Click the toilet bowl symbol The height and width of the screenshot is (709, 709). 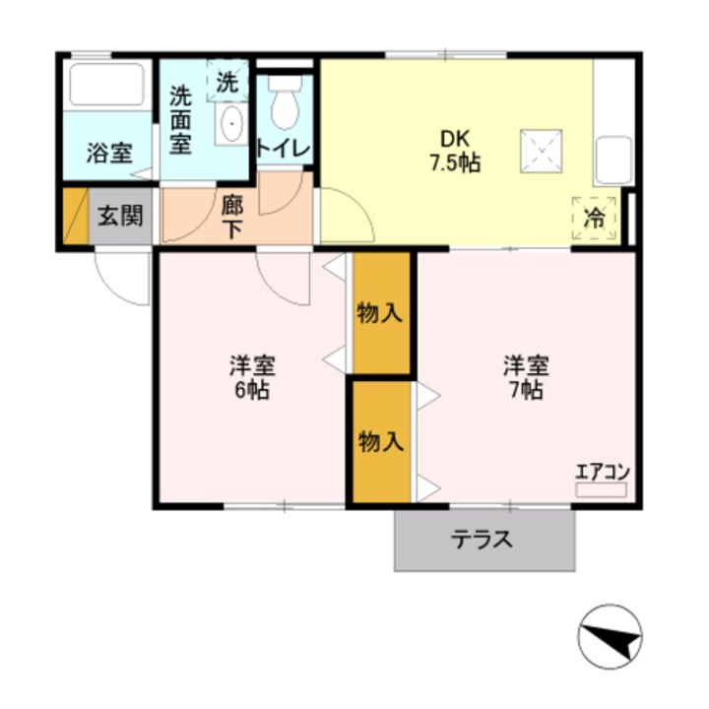(x=285, y=102)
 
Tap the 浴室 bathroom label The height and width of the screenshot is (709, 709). (x=109, y=154)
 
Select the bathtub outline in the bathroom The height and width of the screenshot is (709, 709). (x=107, y=85)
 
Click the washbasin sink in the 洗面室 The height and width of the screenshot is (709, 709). (x=231, y=123)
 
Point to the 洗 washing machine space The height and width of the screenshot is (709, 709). (x=227, y=81)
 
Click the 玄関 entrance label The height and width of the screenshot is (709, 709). (x=121, y=216)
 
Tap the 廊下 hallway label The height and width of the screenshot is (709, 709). (x=232, y=219)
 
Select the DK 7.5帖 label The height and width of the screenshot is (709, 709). (x=455, y=151)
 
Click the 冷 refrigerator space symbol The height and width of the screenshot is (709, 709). (x=594, y=219)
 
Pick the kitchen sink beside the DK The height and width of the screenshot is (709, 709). (x=613, y=160)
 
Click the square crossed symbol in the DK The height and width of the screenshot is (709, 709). (x=542, y=152)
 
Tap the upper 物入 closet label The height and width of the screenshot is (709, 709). (x=379, y=313)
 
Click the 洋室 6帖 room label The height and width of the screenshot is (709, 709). (x=252, y=377)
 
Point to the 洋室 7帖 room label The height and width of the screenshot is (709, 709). (x=526, y=377)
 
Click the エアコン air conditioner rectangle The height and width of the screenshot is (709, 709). (x=601, y=490)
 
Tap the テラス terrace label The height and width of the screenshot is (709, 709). (x=482, y=540)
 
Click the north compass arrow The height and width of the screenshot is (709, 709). (x=611, y=637)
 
